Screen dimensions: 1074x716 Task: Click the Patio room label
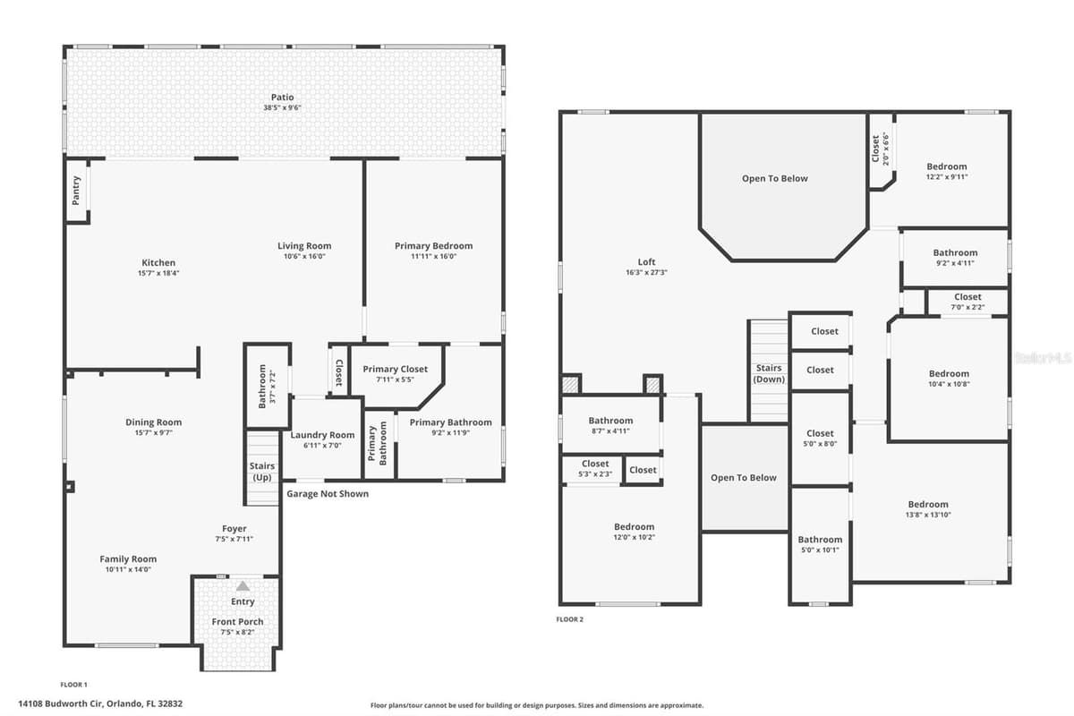[x=282, y=98]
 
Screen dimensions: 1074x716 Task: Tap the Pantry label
[x=76, y=191]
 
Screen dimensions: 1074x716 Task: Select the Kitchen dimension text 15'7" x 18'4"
[x=158, y=273]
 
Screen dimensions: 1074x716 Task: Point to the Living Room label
[x=304, y=246]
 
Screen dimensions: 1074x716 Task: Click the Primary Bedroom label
[x=433, y=246]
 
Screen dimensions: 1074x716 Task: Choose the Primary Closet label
[x=395, y=370]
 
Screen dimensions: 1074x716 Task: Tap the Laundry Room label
[x=322, y=435]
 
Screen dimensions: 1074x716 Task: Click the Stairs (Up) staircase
[x=261, y=467]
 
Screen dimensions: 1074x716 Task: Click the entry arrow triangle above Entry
[x=243, y=586]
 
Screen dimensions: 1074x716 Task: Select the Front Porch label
[x=237, y=621]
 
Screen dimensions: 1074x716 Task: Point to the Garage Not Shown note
[x=328, y=494]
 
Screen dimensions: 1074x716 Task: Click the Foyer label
[x=234, y=528]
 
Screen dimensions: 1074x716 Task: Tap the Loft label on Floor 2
[x=646, y=262]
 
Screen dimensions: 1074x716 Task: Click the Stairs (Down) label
[x=769, y=373]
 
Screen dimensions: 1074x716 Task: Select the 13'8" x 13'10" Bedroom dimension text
[x=928, y=515]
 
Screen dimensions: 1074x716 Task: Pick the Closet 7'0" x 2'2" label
[x=967, y=302]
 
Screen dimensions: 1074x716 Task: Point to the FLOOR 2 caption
[x=569, y=619]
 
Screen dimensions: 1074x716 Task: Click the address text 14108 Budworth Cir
[x=61, y=703]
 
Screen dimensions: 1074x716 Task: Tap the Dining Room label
[x=153, y=422]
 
